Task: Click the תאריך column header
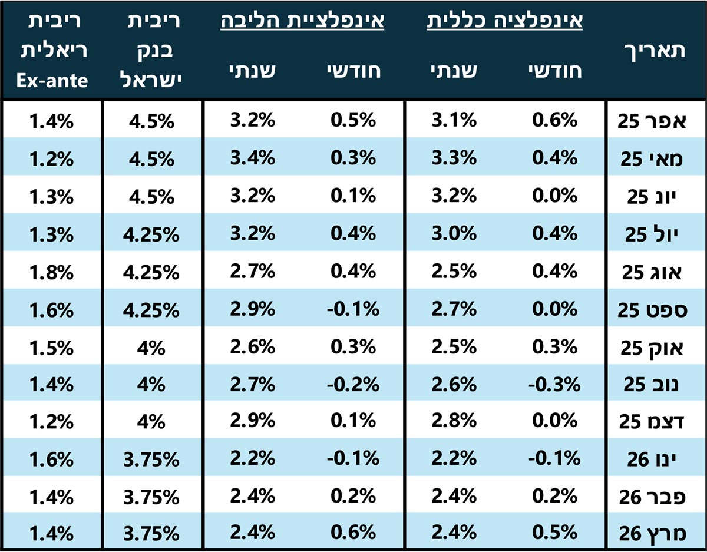(x=653, y=51)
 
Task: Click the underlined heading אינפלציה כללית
(x=504, y=22)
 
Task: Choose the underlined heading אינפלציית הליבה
(x=302, y=22)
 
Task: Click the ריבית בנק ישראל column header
(x=153, y=51)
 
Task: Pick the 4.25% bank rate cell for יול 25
(x=153, y=234)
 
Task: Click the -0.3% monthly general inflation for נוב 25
(x=554, y=385)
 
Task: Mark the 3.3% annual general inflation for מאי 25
(x=454, y=158)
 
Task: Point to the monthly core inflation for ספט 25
(x=352, y=309)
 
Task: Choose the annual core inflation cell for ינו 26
(x=252, y=459)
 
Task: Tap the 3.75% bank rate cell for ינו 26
(x=153, y=459)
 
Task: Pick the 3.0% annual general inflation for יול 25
(x=454, y=234)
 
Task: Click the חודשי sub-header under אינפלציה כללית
(x=556, y=71)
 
